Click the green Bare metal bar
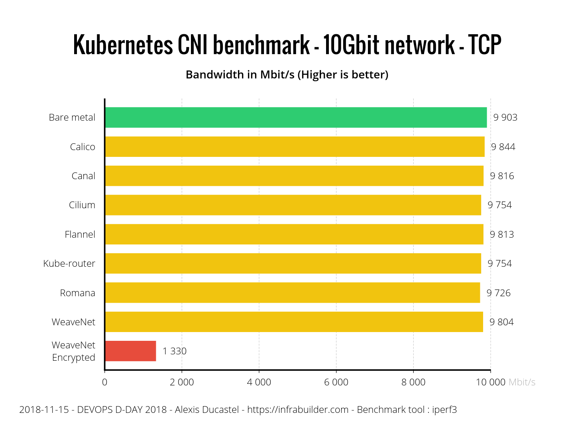(296, 117)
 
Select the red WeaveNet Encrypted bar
(131, 351)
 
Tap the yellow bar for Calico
(295, 147)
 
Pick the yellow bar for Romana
(293, 293)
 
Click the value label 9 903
(505, 117)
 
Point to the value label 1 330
(175, 351)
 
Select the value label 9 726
(498, 293)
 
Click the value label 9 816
(502, 176)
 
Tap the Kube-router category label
(69, 264)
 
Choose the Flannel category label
(80, 235)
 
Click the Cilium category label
(82, 205)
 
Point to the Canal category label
(83, 176)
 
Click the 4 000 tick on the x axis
(259, 382)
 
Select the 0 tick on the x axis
(104, 382)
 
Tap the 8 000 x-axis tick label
(413, 382)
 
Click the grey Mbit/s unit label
(522, 382)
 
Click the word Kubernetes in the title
(124, 45)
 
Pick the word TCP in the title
(484, 45)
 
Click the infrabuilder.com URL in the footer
(298, 410)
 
